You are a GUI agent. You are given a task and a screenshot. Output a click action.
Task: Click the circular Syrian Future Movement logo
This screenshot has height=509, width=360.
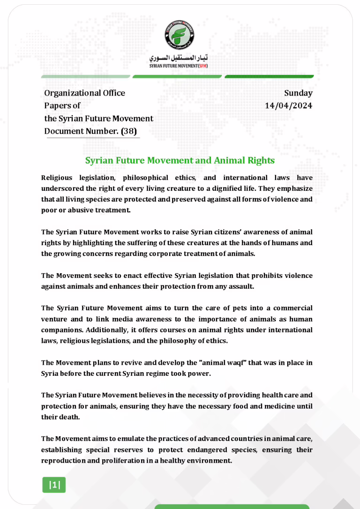pos(180,35)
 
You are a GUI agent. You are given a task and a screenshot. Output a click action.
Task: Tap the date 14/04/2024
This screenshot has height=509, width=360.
pos(288,105)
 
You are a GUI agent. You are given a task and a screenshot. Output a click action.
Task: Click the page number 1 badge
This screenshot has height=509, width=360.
pos(54,485)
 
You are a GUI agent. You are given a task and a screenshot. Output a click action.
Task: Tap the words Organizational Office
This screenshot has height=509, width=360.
pos(84,93)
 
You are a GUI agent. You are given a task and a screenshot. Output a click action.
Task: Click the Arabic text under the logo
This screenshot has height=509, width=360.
pos(180,60)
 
